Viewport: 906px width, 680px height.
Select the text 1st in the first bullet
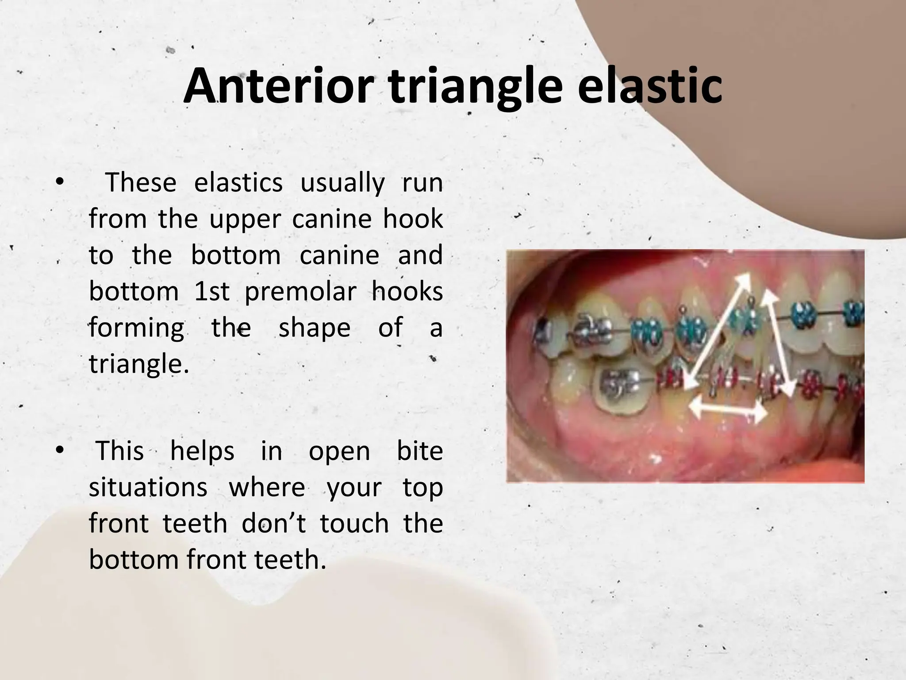(212, 292)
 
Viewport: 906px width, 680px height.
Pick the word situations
(148, 488)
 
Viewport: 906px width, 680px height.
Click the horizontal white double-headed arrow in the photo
(728, 409)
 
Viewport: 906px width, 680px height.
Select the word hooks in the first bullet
(407, 292)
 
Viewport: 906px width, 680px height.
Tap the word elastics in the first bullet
(238, 182)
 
